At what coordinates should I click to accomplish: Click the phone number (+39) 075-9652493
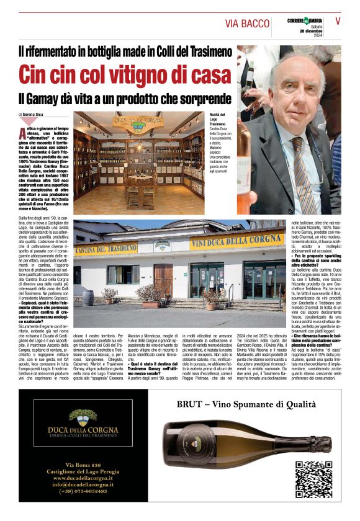click(83, 491)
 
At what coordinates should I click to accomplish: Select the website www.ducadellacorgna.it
click(83, 478)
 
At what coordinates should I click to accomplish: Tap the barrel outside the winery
click(88, 297)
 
